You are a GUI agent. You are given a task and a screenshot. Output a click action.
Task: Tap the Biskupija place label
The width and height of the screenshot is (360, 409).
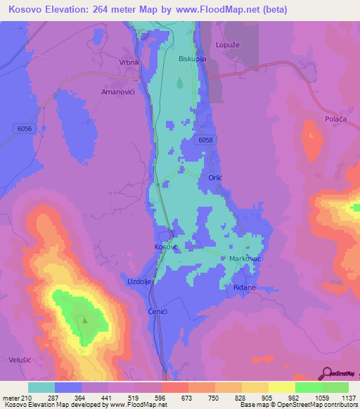pos(192,59)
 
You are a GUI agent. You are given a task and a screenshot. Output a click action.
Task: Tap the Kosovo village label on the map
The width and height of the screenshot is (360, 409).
pos(166,247)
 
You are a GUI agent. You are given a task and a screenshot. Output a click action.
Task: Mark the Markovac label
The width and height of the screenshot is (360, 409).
pos(245,259)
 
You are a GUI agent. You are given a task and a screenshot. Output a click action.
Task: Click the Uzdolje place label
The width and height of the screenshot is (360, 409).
pos(139,281)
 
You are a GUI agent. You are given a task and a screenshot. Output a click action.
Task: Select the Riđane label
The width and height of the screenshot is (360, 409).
pos(244,288)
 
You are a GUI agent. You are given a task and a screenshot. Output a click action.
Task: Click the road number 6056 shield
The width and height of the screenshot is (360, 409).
pos(22,126)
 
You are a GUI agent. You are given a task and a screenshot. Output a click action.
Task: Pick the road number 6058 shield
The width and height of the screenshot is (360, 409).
pos(205,141)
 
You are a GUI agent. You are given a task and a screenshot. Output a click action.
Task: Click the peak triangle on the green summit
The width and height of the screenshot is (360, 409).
pos(83,320)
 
